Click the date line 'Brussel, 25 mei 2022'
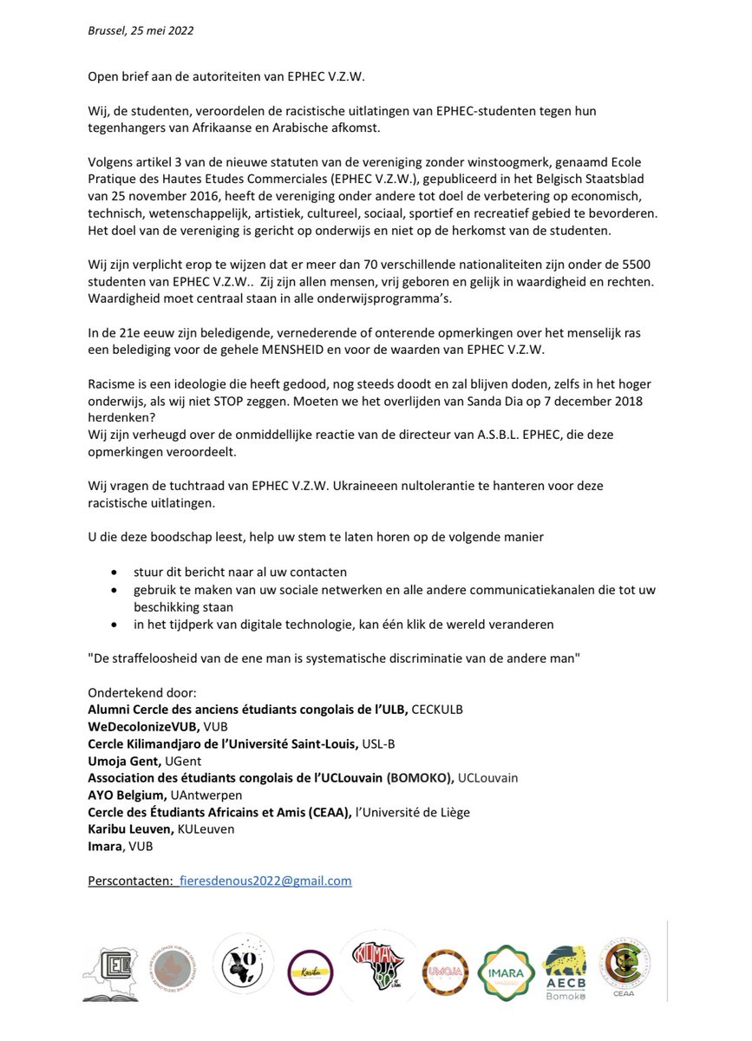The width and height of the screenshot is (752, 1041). click(141, 30)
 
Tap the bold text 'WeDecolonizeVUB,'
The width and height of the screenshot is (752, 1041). click(143, 726)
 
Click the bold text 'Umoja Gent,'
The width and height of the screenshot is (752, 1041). click(122, 760)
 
